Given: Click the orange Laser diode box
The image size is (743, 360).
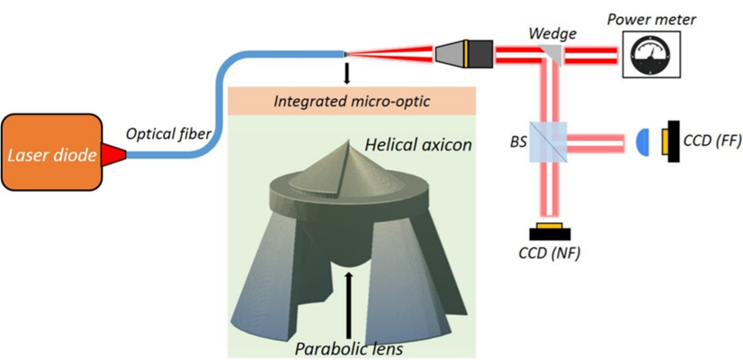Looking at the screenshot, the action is click(x=52, y=152).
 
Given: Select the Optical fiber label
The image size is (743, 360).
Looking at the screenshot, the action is click(x=168, y=135).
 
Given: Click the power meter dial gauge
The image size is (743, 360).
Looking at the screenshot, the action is click(x=650, y=52).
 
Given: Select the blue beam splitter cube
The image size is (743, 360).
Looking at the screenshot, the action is click(x=547, y=142).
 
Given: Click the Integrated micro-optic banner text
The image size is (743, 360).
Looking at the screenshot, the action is click(x=351, y=102).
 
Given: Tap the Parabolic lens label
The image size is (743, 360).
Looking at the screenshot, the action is click(x=349, y=348).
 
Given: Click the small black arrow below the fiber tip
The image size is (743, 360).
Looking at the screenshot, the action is click(x=346, y=74).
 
